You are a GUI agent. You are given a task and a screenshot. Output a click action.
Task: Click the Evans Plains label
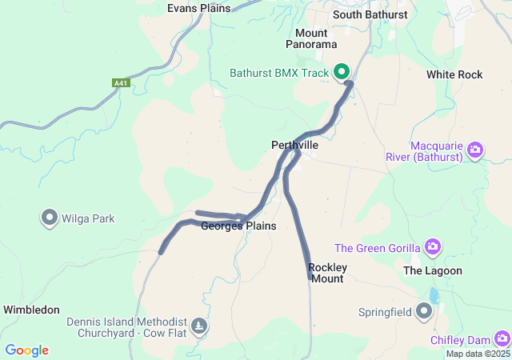point(198,8)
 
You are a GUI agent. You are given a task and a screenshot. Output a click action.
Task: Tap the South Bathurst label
point(370,14)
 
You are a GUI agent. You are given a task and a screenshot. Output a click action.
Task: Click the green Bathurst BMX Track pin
point(342,71)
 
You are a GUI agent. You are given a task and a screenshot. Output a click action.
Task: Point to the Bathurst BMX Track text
point(279,73)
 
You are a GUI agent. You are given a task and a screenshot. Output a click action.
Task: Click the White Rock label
point(454,74)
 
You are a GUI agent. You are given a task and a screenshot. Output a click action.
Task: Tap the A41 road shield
point(121,82)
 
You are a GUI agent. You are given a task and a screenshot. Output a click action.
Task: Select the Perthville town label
point(294,145)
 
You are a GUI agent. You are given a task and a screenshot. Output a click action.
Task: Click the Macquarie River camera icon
point(475,150)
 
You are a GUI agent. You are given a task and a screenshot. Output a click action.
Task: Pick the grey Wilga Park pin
point(50,217)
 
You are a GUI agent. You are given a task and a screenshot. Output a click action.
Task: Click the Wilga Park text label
point(90,218)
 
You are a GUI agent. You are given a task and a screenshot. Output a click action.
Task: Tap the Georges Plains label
point(238,226)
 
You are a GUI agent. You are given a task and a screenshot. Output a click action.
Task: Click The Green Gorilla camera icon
point(433,246)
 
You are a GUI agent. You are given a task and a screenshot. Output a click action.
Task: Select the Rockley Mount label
point(327,273)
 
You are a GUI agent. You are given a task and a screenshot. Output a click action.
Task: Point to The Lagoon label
point(433,270)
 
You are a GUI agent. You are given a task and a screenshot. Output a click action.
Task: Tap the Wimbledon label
point(31,309)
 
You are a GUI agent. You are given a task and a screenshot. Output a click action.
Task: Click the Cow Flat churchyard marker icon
point(198,326)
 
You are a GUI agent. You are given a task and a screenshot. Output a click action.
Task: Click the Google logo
point(26,350)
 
